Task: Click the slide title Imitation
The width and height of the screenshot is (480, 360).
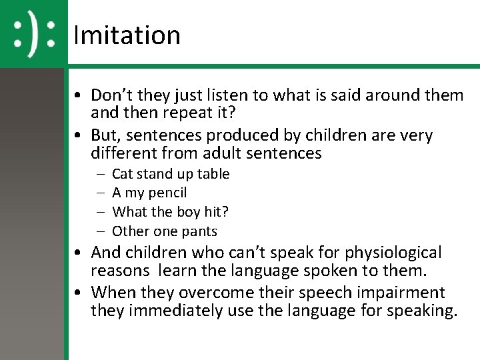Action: click(127, 35)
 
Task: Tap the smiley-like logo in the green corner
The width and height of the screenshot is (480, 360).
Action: click(34, 34)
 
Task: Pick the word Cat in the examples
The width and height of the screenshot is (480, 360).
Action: click(123, 174)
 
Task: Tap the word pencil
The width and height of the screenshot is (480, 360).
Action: click(168, 193)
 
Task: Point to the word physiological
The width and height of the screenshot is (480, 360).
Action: click(385, 253)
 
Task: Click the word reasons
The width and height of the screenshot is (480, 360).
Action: click(120, 272)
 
